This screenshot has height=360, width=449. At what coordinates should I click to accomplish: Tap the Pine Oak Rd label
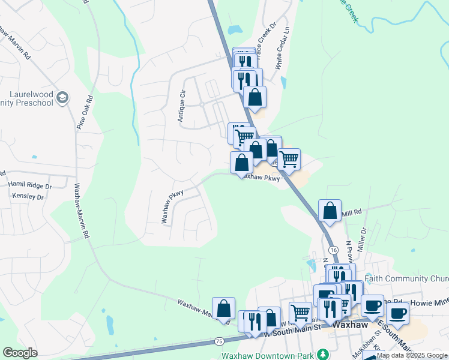85,112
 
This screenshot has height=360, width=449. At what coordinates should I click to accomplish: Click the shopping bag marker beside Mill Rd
330,211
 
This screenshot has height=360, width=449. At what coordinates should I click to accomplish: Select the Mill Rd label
352,212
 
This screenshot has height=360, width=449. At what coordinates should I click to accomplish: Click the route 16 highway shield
333,249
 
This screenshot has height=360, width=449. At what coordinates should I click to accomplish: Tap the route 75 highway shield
219,341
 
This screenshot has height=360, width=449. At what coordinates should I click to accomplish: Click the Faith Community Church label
414,279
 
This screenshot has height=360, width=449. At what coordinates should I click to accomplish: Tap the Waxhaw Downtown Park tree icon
322,354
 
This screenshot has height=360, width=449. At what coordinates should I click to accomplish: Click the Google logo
20,353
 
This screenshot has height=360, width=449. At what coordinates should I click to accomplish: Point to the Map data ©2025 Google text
412,355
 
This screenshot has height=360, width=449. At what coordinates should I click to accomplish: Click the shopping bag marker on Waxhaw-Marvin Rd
223,309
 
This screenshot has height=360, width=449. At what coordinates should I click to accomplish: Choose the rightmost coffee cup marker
397,313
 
